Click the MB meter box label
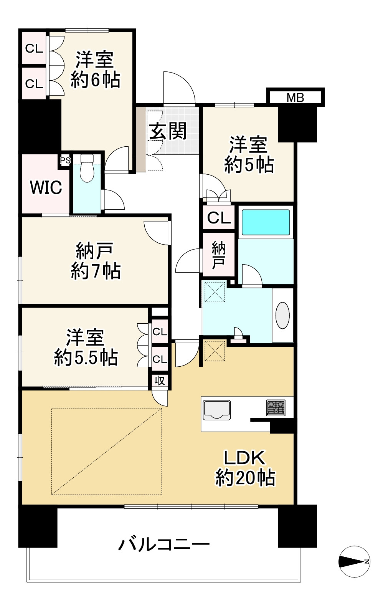[x=295, y=98]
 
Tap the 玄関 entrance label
[x=168, y=131]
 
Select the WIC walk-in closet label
[x=46, y=188]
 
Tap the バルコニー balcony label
[x=164, y=544]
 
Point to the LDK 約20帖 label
[x=244, y=468]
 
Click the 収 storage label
[x=160, y=381]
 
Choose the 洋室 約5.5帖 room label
[x=85, y=347]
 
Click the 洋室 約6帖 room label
[x=95, y=70]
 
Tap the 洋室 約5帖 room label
[x=249, y=155]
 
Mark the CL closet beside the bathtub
[x=219, y=218]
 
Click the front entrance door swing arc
[x=180, y=87]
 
